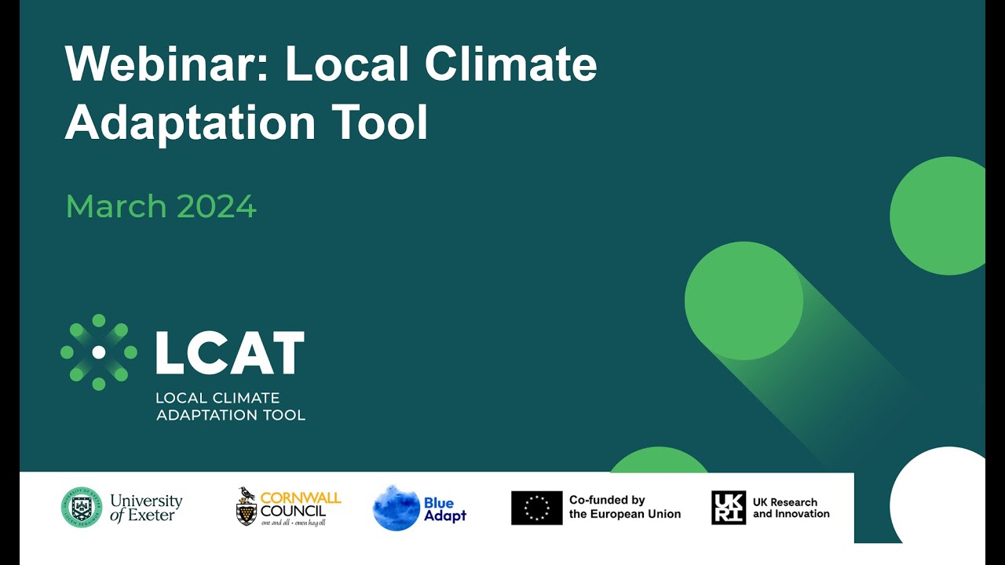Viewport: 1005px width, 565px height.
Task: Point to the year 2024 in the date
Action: [217, 207]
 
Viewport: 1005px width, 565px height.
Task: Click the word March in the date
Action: [116, 207]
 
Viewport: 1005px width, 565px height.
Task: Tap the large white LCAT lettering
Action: [229, 353]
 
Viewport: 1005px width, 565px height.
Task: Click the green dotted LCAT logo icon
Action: [99, 352]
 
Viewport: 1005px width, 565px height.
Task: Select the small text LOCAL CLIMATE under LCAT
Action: [217, 399]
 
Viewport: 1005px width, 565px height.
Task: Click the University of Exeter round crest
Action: [82, 507]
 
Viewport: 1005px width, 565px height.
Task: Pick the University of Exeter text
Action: [146, 508]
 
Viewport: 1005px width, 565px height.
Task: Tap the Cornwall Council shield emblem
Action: [247, 508]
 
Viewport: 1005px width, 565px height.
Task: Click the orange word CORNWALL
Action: [300, 498]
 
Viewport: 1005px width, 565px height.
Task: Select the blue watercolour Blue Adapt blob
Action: [396, 508]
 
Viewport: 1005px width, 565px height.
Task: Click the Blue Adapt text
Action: [445, 509]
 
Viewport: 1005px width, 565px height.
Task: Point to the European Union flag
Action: [536, 508]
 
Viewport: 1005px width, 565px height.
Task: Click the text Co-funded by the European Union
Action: [625, 507]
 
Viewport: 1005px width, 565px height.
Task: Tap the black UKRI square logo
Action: [728, 508]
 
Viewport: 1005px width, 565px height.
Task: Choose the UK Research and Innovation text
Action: [791, 508]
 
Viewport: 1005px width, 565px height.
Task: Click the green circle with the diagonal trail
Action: [744, 301]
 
